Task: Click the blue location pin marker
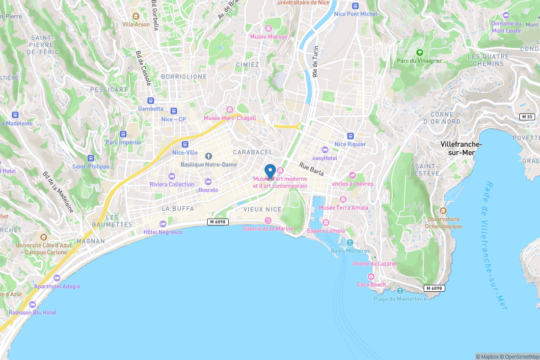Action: [270, 171]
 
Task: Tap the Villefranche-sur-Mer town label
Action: [461, 148]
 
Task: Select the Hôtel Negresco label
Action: [163, 232]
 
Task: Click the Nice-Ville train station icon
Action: [185, 144]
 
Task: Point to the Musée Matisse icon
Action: [269, 28]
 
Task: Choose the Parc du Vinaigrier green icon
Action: [419, 53]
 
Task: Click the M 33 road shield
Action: [527, 116]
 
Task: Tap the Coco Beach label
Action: [371, 284]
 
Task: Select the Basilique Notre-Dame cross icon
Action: [208, 156]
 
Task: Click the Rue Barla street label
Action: [312, 169]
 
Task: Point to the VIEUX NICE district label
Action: [263, 209]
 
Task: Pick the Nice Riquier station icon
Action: [350, 136]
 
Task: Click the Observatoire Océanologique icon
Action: [444, 211]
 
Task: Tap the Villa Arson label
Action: [136, 24]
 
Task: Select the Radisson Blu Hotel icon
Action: [32, 305]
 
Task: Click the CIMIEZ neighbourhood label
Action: [247, 65]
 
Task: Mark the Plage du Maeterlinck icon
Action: [400, 290]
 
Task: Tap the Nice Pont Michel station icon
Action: [355, 5]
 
